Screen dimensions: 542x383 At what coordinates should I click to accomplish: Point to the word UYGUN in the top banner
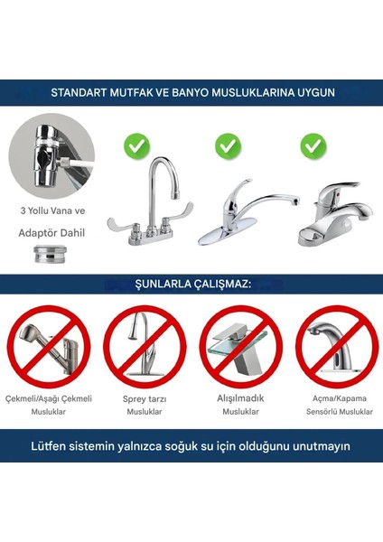click(312, 92)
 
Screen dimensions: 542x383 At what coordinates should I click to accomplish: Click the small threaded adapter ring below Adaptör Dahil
click(52, 254)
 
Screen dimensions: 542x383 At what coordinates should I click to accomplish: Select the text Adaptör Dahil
click(52, 230)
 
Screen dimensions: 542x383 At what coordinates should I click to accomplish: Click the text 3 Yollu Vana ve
click(52, 211)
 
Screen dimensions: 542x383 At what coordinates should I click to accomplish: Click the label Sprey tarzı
click(144, 397)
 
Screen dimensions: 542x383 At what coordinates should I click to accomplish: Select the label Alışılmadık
click(239, 397)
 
